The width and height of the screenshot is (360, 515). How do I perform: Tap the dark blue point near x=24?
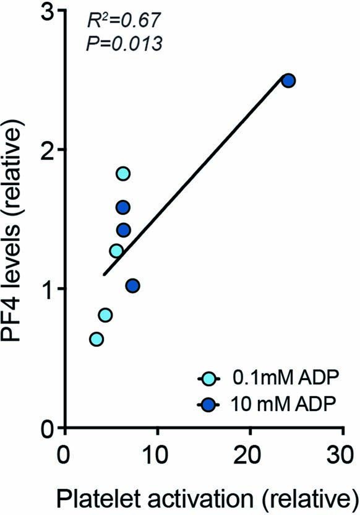288,80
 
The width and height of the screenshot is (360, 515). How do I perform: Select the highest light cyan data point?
123,173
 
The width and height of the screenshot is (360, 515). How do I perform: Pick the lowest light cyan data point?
96,339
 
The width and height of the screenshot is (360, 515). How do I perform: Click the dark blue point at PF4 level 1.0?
132,285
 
